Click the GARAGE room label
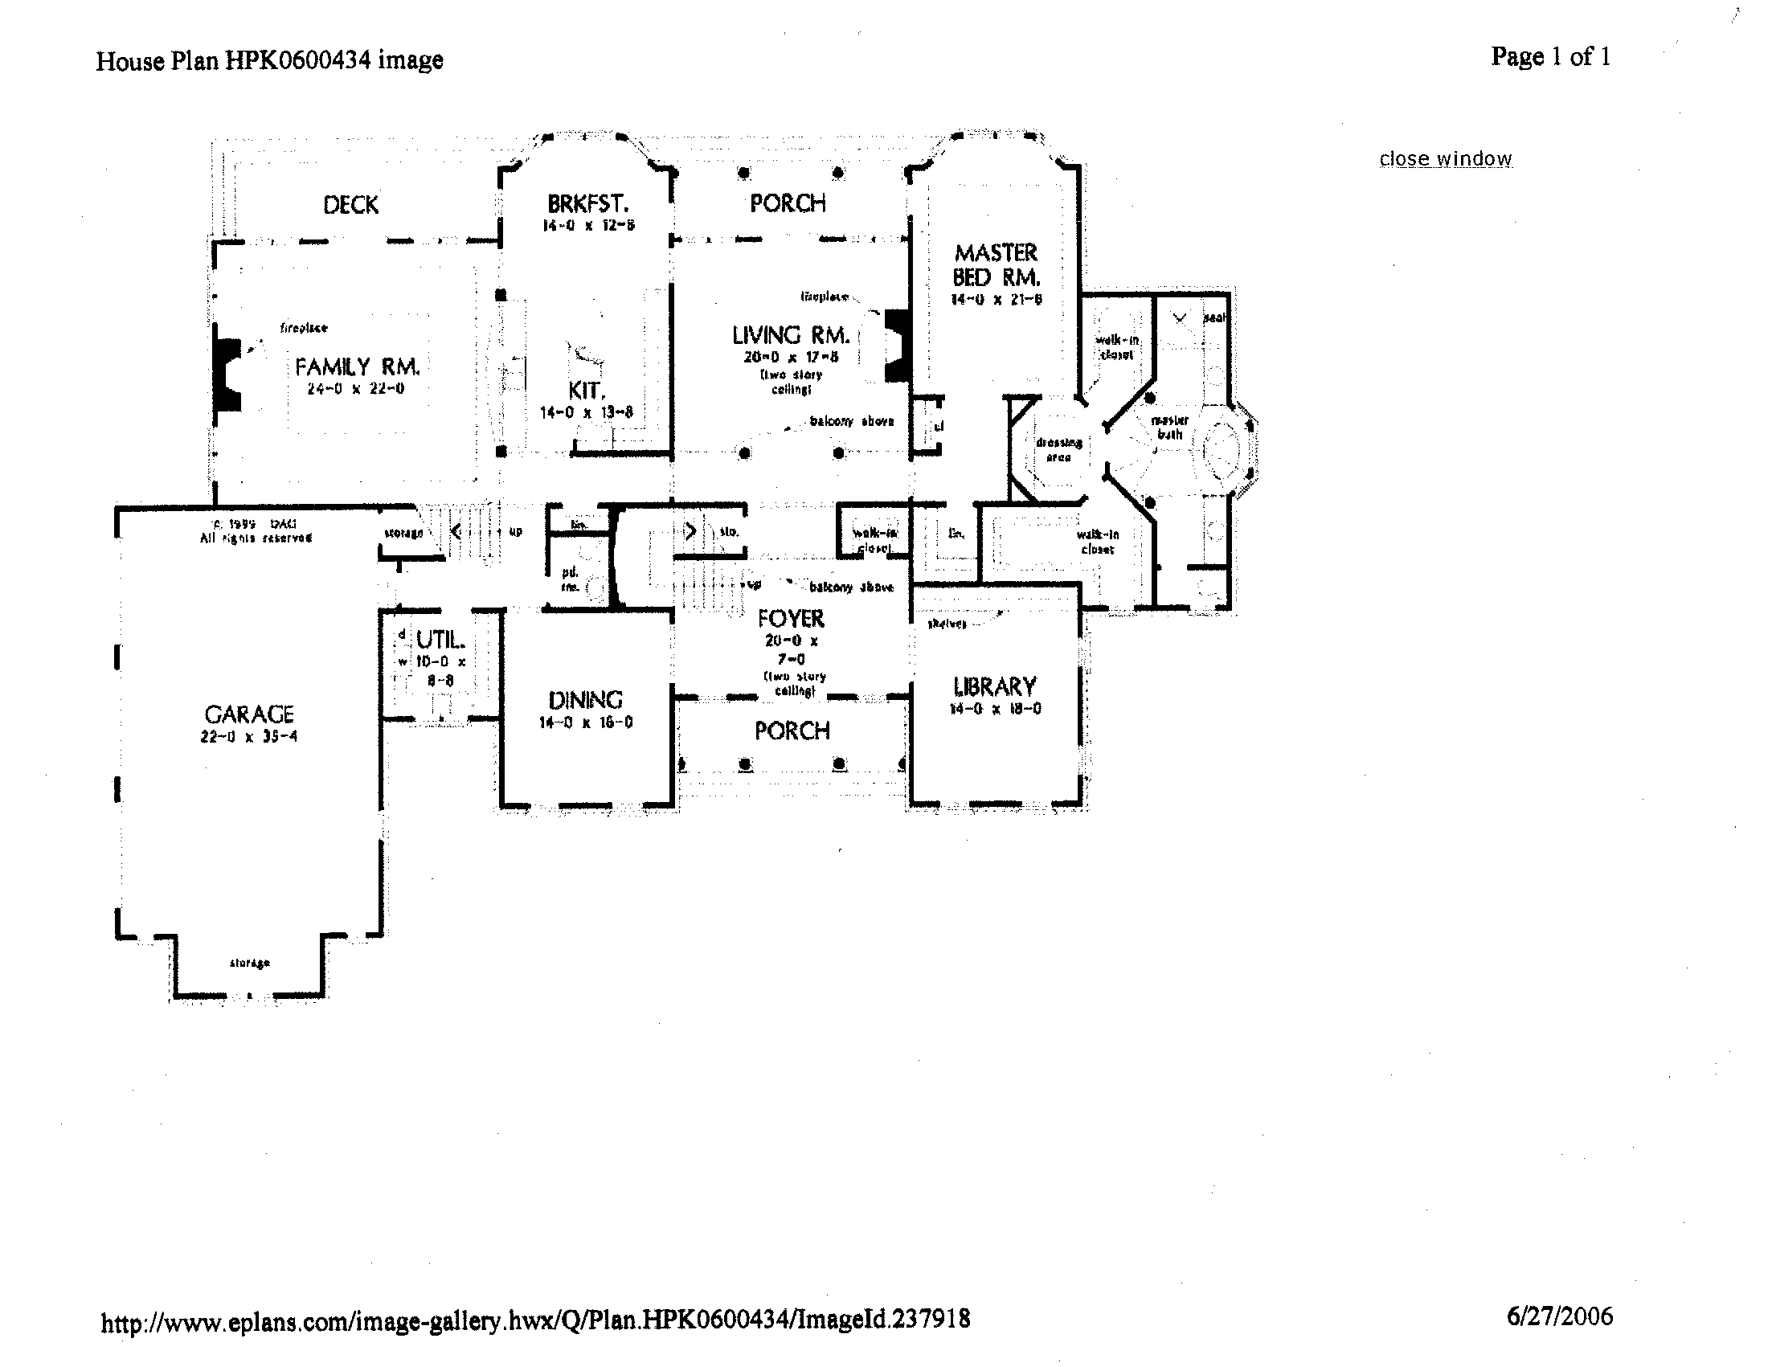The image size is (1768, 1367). pyautogui.click(x=248, y=714)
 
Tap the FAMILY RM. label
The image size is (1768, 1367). pyautogui.click(x=357, y=367)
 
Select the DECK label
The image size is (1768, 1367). pyautogui.click(x=350, y=205)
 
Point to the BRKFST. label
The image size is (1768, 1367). pyautogui.click(x=587, y=203)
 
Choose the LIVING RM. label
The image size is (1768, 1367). pyautogui.click(x=790, y=335)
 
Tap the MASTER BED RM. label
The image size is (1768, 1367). pyautogui.click(x=996, y=264)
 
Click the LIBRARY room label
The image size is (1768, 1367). pyautogui.click(x=995, y=687)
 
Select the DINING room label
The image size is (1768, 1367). pyautogui.click(x=585, y=700)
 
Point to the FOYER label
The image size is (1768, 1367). pyautogui.click(x=791, y=619)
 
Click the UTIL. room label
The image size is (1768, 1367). pyautogui.click(x=440, y=641)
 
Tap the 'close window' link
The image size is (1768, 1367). pyautogui.click(x=1445, y=158)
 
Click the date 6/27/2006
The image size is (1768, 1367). pyautogui.click(x=1559, y=1317)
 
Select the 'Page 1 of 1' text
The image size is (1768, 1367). pyautogui.click(x=1550, y=56)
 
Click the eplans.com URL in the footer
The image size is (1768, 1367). pyautogui.click(x=535, y=1320)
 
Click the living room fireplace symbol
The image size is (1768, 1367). pyautogui.click(x=896, y=345)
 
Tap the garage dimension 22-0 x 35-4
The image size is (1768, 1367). pyautogui.click(x=248, y=736)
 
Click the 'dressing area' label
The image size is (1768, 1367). pyautogui.click(x=1058, y=450)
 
